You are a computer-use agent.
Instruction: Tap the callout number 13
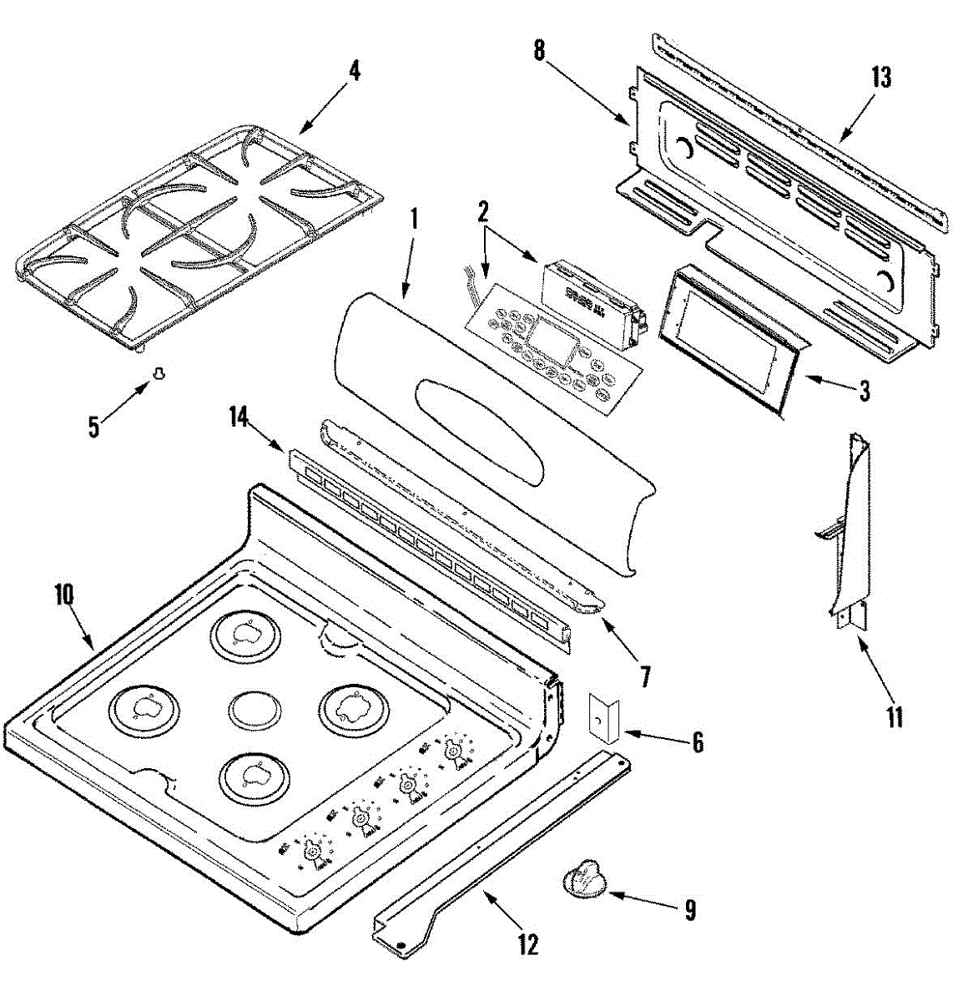(x=881, y=77)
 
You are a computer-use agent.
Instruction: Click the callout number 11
(x=895, y=716)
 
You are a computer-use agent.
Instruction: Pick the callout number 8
(x=539, y=49)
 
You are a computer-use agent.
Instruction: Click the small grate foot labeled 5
(x=157, y=375)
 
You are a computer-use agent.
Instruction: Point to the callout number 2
(x=482, y=211)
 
